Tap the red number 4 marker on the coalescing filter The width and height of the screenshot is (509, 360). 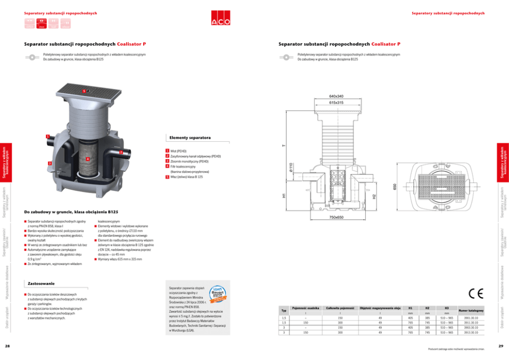tap(88, 159)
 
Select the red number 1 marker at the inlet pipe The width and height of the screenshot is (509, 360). tap(47, 137)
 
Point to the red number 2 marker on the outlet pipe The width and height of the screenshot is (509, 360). tap(120, 153)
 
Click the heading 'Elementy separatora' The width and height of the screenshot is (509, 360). tap(190, 138)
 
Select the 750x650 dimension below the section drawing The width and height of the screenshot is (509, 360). tap(336, 217)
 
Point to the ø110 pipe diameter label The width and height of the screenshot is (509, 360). tap(290, 167)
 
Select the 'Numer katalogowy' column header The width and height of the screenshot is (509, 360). tap(471, 311)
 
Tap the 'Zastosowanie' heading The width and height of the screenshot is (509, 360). tap(41, 283)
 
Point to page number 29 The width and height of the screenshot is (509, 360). tap(500, 346)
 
